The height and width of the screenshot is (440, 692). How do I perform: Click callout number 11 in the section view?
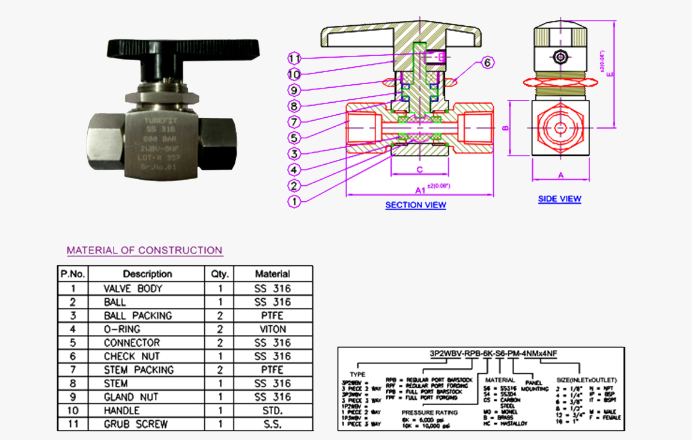tap(294, 58)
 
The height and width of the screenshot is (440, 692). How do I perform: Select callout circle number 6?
tap(487, 63)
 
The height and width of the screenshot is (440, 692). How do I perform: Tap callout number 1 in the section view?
tap(294, 202)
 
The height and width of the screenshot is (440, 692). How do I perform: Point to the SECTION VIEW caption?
tap(416, 205)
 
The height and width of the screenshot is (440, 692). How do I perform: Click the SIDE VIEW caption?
tap(559, 199)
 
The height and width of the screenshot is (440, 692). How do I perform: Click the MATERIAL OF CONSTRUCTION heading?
tap(144, 250)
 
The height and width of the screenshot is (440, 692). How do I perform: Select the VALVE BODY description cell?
tap(133, 288)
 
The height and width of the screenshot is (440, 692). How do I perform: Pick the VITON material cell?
tap(273, 329)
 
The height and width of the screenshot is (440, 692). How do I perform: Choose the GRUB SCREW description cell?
tap(136, 424)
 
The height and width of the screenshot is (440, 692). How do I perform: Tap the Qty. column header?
tap(219, 273)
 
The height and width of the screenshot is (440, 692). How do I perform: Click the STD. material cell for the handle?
tap(273, 411)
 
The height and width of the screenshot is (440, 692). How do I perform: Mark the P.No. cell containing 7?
tap(73, 370)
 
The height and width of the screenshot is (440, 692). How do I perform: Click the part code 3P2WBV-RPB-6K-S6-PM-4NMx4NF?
tap(493, 353)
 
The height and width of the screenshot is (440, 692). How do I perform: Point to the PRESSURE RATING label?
tap(429, 412)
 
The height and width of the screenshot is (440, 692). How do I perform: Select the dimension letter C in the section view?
tap(420, 170)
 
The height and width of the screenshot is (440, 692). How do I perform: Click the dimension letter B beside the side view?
tap(506, 127)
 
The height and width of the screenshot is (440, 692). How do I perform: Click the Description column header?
tap(147, 273)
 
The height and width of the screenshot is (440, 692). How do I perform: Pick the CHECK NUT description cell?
tap(132, 356)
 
